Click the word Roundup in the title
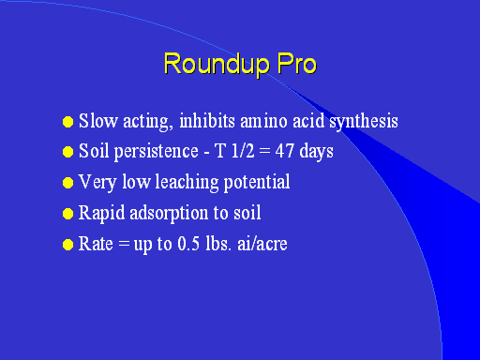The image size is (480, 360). pyautogui.click(x=217, y=65)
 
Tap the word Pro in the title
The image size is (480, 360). pyautogui.click(x=297, y=64)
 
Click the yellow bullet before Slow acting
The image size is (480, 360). pyautogui.click(x=67, y=122)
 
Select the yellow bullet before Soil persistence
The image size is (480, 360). pyautogui.click(x=67, y=152)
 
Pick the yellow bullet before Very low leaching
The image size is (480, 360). pyautogui.click(x=67, y=183)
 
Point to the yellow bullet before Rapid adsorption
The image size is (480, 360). pyautogui.click(x=67, y=214)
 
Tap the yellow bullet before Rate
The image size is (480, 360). pyautogui.click(x=67, y=245)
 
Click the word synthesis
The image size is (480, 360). pyautogui.click(x=364, y=122)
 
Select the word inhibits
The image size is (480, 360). pyautogui.click(x=207, y=121)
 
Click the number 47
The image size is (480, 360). pyautogui.click(x=285, y=151)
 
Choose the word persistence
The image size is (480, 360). pyautogui.click(x=156, y=152)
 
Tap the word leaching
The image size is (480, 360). pyautogui.click(x=187, y=183)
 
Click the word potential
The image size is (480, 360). pyautogui.click(x=257, y=183)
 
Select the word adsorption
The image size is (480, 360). pyautogui.click(x=169, y=214)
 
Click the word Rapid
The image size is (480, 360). pyautogui.click(x=101, y=214)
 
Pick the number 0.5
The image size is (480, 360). pyautogui.click(x=188, y=244)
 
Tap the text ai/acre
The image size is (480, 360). pyautogui.click(x=262, y=244)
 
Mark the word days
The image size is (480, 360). pyautogui.click(x=316, y=152)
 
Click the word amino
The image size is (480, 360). pyautogui.click(x=263, y=121)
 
